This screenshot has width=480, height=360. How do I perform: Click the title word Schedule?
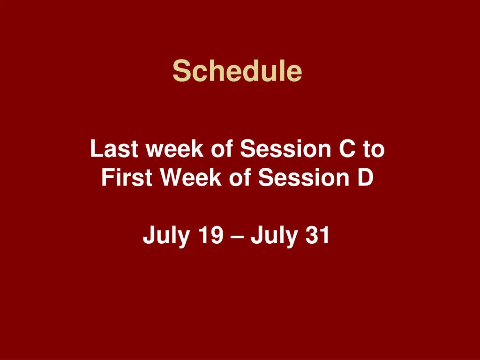pyautogui.click(x=237, y=71)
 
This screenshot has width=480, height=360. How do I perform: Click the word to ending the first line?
pyautogui.click(x=374, y=150)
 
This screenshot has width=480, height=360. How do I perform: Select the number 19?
pyautogui.click(x=210, y=235)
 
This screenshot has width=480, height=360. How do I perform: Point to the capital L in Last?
pyautogui.click(x=95, y=150)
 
